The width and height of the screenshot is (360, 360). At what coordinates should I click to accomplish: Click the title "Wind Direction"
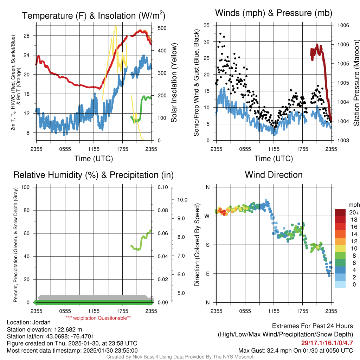tap(274, 175)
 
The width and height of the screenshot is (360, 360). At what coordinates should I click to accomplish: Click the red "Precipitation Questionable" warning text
tap(98, 318)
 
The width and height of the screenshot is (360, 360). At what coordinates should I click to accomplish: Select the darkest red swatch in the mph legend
tap(340, 212)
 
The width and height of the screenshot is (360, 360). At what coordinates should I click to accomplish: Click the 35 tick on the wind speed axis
tap(207, 25)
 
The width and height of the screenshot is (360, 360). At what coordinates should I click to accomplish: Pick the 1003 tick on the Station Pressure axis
tap(342, 140)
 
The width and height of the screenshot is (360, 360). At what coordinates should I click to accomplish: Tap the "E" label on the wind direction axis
tap(207, 274)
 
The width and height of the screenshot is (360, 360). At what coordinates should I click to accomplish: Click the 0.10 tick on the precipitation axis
tap(163, 187)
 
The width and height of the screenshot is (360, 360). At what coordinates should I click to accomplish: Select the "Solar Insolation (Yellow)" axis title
tap(174, 83)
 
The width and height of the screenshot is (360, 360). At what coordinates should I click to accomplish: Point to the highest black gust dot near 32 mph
tap(220, 34)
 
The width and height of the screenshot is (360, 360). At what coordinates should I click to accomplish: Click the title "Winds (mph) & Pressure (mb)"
tap(274, 13)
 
